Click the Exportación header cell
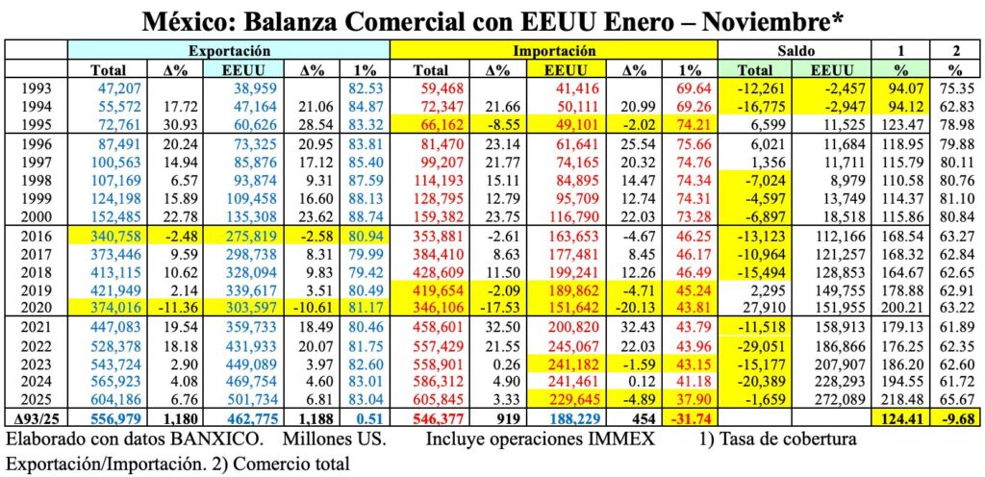[x=229, y=49]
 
